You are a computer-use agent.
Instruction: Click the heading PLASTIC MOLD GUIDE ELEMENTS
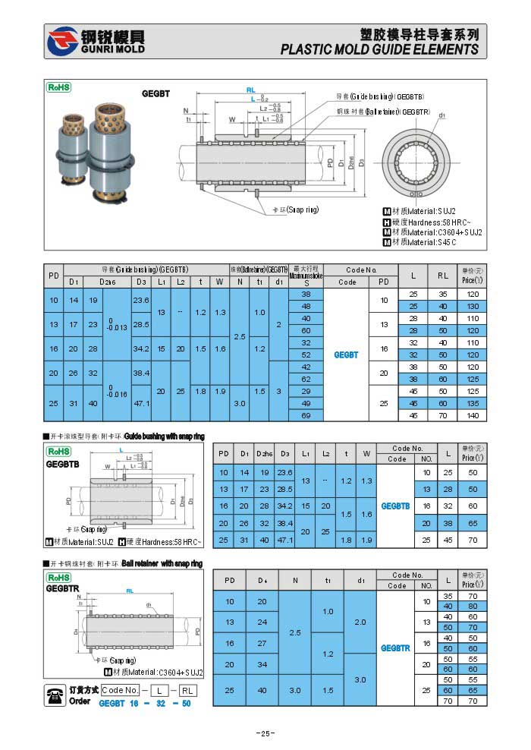point(379,49)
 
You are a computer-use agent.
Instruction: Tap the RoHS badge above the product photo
point(59,87)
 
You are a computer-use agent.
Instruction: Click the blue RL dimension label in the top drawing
point(251,90)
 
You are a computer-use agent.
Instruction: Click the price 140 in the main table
point(471,416)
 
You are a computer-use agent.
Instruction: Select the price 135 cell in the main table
point(471,404)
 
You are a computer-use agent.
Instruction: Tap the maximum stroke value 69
point(306,416)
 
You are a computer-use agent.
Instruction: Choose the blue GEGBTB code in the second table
point(395,506)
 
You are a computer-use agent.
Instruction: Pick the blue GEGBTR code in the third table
point(395,648)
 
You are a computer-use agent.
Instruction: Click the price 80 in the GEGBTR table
point(473,606)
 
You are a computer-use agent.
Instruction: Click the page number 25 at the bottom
point(265,733)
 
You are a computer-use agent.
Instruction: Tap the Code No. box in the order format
point(121,690)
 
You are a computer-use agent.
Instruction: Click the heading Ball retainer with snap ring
point(162,564)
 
